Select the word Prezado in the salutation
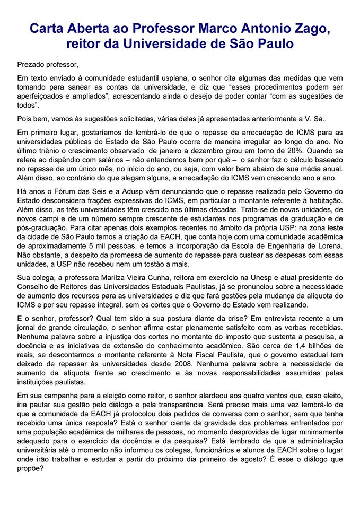pos(31,65)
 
